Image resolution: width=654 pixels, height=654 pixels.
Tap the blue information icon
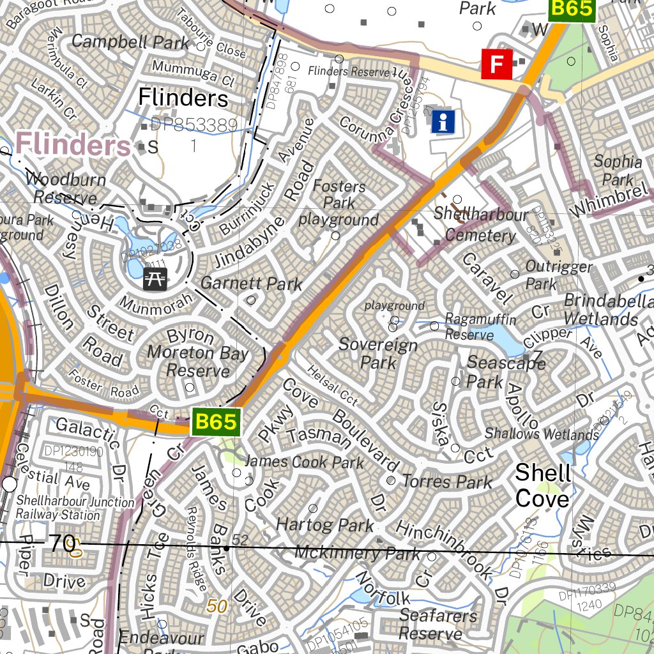[443, 121]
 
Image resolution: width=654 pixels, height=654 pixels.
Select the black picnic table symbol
[155, 278]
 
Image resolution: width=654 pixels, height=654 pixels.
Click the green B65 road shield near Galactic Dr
[216, 422]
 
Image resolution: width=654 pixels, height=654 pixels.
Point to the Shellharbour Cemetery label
[480, 225]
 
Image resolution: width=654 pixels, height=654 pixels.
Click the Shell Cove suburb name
[542, 485]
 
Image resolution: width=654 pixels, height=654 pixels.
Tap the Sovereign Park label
[378, 354]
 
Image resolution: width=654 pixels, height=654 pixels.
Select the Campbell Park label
[130, 42]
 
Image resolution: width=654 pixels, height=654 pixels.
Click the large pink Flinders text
[73, 144]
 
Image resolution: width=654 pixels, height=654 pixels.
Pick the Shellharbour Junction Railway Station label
[75, 508]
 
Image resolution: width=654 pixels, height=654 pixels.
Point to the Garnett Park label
[251, 283]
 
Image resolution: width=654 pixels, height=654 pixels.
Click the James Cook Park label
[304, 461]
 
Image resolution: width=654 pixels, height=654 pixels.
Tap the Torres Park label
[447, 482]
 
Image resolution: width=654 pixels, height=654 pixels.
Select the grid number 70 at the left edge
[62, 544]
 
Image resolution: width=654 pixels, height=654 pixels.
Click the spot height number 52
[240, 540]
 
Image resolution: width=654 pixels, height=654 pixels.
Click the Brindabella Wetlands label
[600, 310]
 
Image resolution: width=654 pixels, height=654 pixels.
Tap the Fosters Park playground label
[339, 203]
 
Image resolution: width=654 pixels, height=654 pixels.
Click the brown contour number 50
[217, 606]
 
